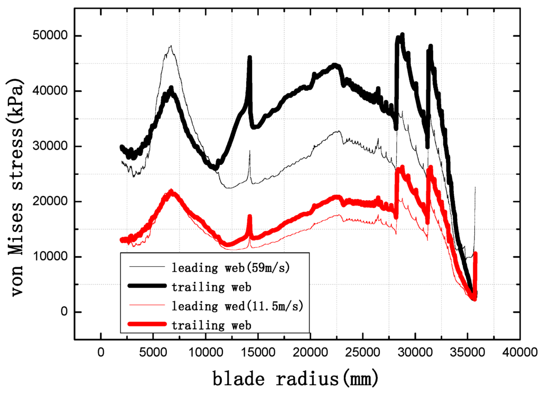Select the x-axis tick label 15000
258,351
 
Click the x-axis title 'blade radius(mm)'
296,378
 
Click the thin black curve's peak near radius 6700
171,46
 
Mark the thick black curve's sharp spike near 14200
249,58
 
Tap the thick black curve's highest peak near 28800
402,35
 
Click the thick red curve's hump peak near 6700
171,191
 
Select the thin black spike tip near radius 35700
475,187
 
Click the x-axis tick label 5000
153,351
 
